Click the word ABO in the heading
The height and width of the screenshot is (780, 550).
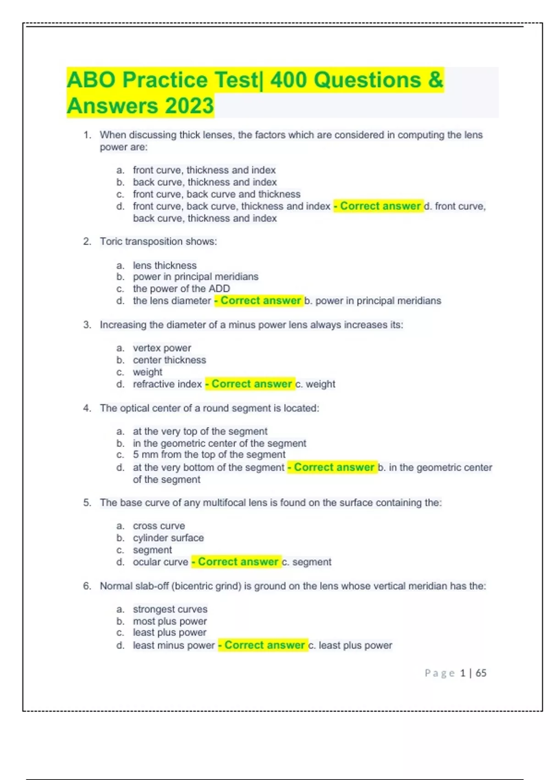click(91, 80)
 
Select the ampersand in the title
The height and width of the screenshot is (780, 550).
click(435, 80)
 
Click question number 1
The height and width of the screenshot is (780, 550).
click(87, 135)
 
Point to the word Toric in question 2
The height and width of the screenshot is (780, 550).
click(111, 241)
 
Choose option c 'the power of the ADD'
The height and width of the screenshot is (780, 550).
click(181, 289)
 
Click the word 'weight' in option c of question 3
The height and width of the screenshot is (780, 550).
click(148, 372)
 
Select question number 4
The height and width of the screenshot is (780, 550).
click(87, 408)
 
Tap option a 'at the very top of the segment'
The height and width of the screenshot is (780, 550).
click(200, 431)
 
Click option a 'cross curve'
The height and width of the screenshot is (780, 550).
click(159, 526)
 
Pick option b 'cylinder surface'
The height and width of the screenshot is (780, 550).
click(168, 538)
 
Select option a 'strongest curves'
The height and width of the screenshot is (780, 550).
click(170, 609)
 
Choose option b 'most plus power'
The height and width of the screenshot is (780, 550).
click(170, 621)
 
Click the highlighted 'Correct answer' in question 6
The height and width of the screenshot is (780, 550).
click(264, 645)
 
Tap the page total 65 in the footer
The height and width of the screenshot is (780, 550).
click(481, 673)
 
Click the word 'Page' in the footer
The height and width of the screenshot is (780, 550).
click(439, 673)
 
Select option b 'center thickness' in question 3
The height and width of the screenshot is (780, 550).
click(169, 360)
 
